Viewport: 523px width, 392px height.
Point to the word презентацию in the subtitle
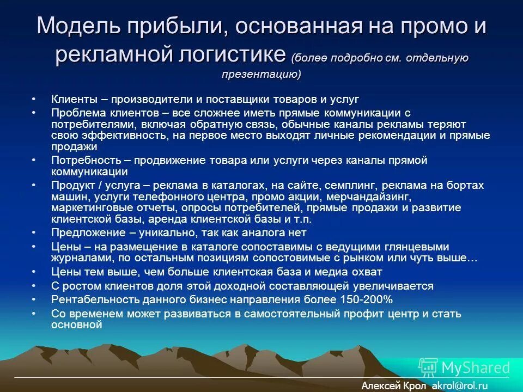261,75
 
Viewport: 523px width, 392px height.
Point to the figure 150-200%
365,299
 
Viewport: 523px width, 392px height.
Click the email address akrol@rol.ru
459,385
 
